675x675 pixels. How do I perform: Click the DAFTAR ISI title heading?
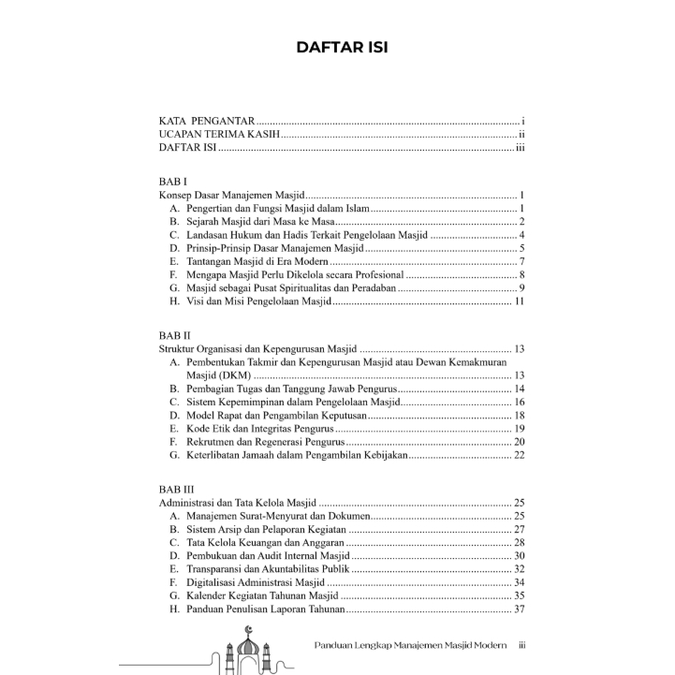coord(342,48)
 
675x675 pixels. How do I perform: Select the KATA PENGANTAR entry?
coord(206,122)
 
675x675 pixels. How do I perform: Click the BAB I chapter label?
coord(173,180)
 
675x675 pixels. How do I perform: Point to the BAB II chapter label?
coord(175,334)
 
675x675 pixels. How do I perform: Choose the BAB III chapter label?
coord(177,489)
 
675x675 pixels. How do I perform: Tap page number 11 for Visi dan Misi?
coord(519,301)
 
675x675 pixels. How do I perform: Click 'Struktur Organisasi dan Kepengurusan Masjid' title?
coord(258,348)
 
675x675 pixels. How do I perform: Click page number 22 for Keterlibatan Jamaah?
coord(519,455)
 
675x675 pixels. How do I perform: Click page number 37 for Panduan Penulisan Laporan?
coord(519,609)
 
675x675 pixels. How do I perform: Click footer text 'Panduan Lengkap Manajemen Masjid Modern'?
coord(409,645)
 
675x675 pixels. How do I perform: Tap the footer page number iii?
coord(523,645)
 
